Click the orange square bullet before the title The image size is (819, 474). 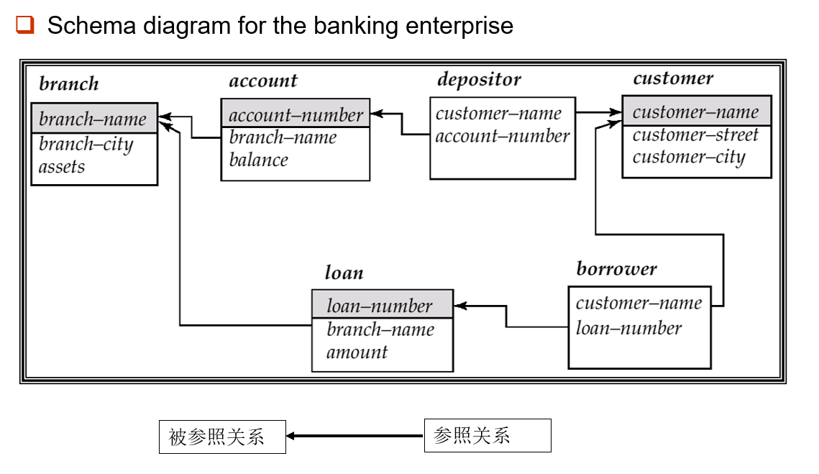point(25,26)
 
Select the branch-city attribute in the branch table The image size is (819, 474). point(86,144)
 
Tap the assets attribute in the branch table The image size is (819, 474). point(62,167)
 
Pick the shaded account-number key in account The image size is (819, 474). point(296,114)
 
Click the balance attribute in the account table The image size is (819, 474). point(258,160)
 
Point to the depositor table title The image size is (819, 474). point(479,79)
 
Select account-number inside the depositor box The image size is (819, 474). point(502,136)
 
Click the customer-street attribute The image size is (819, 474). point(695,135)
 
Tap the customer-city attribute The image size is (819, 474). point(688,157)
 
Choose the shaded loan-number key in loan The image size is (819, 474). point(380,306)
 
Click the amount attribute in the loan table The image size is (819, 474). point(357,352)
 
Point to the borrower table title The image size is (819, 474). point(616,269)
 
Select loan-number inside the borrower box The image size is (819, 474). point(628,328)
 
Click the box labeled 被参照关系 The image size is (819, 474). point(222,437)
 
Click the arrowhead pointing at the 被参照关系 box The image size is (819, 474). point(291,436)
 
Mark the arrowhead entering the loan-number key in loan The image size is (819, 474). point(460,306)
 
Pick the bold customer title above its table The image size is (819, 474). point(673,78)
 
